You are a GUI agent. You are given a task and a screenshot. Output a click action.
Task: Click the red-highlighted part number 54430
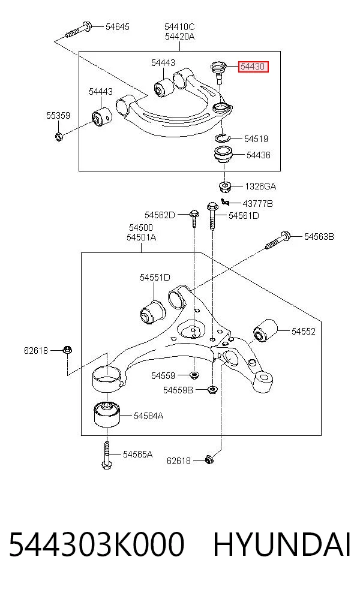253,67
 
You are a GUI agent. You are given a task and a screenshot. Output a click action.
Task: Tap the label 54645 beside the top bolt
117,27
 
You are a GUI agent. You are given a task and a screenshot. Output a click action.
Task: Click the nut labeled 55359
58,136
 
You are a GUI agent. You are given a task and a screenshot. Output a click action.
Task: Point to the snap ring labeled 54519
222,138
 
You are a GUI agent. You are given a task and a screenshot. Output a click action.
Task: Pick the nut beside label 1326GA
225,186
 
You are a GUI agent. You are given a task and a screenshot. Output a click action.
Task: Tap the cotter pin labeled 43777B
225,203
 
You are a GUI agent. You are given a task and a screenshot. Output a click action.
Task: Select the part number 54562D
160,215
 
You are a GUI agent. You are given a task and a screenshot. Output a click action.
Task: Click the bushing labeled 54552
265,330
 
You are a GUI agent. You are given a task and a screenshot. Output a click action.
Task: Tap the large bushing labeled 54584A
107,414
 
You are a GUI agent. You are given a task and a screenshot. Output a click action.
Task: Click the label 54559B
178,390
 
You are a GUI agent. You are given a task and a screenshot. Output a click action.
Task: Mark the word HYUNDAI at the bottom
282,544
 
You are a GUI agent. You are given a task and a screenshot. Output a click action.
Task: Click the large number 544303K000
97,544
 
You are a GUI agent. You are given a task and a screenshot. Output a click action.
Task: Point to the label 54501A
141,237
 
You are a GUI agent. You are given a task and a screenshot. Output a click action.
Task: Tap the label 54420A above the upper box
179,37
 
